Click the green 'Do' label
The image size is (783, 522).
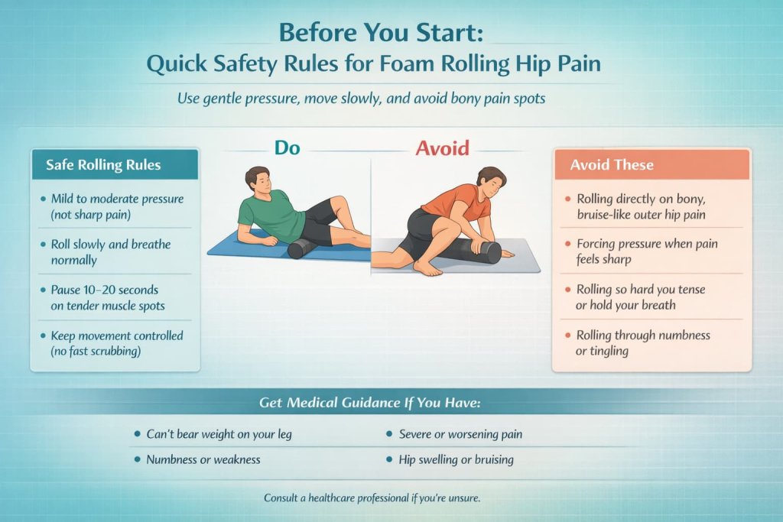pyautogui.click(x=288, y=147)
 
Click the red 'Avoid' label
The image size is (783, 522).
pyautogui.click(x=442, y=147)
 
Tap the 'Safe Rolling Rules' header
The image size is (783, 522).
pyautogui.click(x=103, y=164)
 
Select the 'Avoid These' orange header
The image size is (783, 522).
pyautogui.click(x=612, y=164)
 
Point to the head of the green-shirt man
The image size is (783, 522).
pyautogui.click(x=256, y=180)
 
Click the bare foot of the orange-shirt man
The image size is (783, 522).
pyautogui.click(x=428, y=267)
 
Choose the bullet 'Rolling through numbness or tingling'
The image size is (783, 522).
pyautogui.click(x=642, y=342)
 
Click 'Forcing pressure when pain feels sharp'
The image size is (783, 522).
pyautogui.click(x=646, y=252)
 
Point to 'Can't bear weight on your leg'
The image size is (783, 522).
pyautogui.click(x=219, y=434)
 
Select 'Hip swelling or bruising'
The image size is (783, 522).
pyautogui.click(x=456, y=459)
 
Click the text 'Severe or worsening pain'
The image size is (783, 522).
pyautogui.click(x=460, y=434)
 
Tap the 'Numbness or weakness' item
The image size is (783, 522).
pyautogui.click(x=203, y=459)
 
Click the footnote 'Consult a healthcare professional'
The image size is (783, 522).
pyautogui.click(x=372, y=498)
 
